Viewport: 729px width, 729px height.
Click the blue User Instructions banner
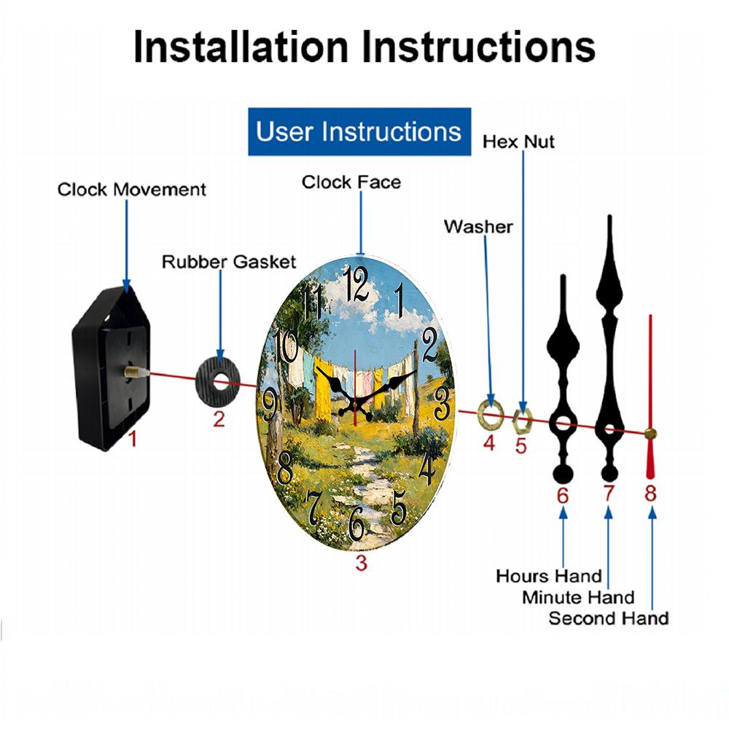click(x=359, y=131)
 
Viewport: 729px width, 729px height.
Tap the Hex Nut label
click(x=518, y=142)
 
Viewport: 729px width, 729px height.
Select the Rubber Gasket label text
click(x=229, y=262)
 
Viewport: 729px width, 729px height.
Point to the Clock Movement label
click(x=131, y=190)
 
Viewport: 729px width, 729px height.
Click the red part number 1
click(x=133, y=439)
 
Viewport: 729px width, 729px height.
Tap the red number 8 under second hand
click(x=650, y=494)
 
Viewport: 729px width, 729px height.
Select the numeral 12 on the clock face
click(x=356, y=284)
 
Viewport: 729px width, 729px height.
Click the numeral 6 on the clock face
click(x=356, y=523)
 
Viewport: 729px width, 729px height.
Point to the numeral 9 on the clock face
click(x=270, y=405)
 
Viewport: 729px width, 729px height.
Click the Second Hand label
click(x=609, y=619)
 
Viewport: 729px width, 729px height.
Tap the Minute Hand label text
click(x=578, y=598)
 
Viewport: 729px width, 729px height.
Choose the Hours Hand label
click(x=549, y=577)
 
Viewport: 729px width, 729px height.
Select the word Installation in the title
click(x=241, y=47)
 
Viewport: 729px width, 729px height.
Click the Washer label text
click(x=478, y=227)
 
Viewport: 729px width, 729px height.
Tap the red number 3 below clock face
click(x=362, y=563)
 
